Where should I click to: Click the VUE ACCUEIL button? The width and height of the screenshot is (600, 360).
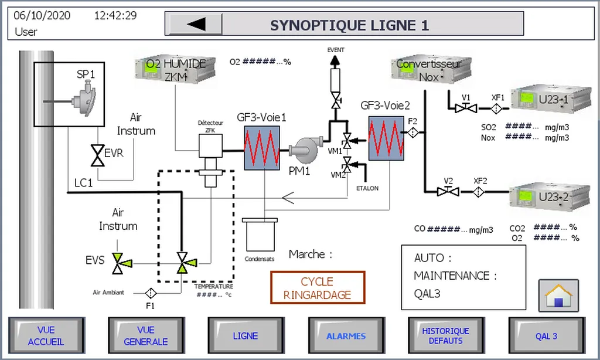point(46,336)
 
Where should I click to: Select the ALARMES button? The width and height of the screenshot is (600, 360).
point(346,336)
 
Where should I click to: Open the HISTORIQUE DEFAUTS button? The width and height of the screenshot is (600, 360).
point(446,336)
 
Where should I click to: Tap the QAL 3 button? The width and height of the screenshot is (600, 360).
point(546,336)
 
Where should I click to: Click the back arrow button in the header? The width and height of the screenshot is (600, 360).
point(196,24)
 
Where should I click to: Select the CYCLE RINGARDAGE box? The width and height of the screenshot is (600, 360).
point(318,288)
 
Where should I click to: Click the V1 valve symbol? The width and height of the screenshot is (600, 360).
point(466,108)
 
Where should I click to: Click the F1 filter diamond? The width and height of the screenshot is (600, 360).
point(151,292)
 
